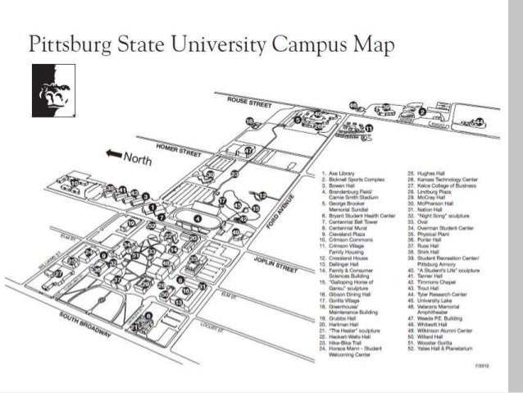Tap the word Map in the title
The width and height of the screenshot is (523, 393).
click(373, 43)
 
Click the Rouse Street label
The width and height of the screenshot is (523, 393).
click(250, 105)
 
